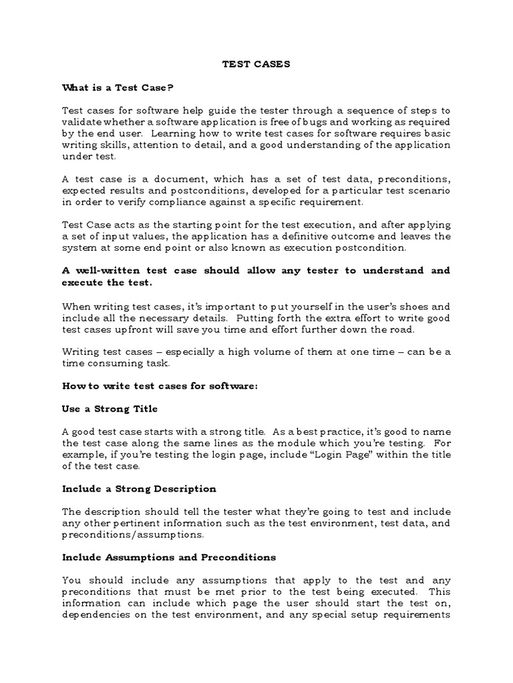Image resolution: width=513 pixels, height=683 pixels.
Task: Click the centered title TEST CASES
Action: point(256,65)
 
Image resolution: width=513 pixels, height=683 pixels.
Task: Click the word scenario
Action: point(428,190)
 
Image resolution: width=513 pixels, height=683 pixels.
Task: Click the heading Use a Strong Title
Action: point(110,408)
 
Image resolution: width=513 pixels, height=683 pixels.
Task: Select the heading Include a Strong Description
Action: point(139,489)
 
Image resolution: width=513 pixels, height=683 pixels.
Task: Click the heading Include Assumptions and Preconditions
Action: point(169,557)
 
